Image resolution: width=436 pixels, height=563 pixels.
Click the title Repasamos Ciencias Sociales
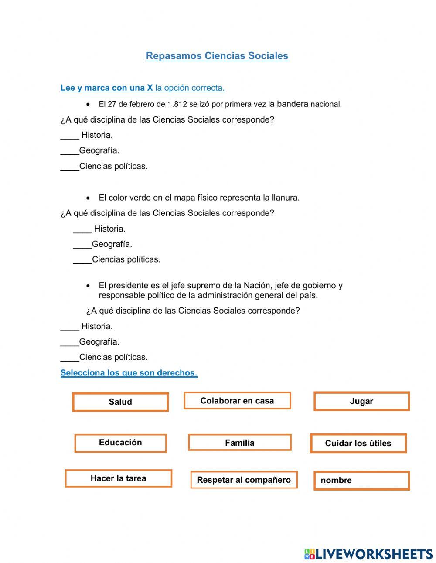point(217,56)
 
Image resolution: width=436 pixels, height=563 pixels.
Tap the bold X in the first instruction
point(150,88)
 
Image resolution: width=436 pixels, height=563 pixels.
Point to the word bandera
point(292,104)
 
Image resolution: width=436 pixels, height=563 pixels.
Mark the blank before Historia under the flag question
point(70,136)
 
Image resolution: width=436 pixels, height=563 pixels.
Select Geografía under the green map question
point(112,244)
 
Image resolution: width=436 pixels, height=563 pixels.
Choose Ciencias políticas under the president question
point(113,357)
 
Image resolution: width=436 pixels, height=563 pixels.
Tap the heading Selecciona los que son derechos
point(129,373)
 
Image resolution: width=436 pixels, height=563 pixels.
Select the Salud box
point(120,402)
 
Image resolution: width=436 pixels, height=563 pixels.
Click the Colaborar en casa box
point(237,401)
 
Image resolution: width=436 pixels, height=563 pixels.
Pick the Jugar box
point(361,401)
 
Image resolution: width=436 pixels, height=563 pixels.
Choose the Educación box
point(120,443)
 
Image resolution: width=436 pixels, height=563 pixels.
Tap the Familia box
point(239,443)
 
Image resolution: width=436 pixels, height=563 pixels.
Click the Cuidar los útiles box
point(358,444)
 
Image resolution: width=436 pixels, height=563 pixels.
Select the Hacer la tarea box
point(118,478)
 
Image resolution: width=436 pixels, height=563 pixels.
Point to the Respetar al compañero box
point(244,480)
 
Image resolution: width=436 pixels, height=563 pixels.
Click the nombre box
point(361,481)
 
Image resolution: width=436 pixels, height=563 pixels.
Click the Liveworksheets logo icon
point(310,554)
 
